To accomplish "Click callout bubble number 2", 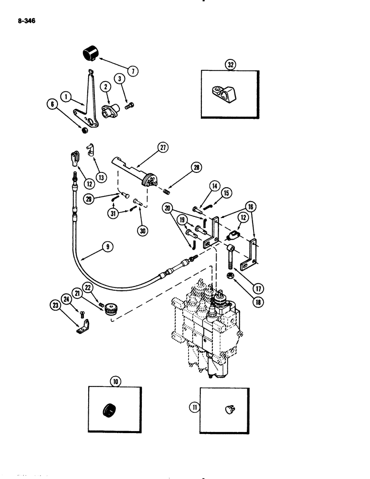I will click(105, 86).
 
